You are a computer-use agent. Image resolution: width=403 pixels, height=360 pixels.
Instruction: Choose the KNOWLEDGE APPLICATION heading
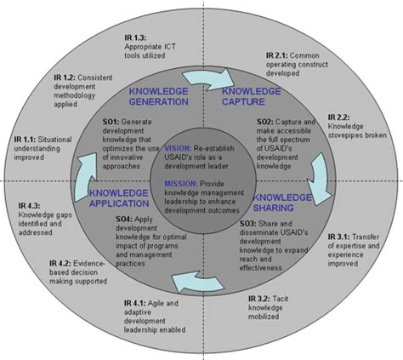(125, 198)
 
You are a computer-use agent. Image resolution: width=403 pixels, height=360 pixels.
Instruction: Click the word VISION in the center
(175, 146)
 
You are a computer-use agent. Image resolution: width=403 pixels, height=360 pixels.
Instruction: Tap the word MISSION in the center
(177, 184)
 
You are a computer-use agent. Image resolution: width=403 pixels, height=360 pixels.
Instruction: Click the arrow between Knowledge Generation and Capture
(205, 77)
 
